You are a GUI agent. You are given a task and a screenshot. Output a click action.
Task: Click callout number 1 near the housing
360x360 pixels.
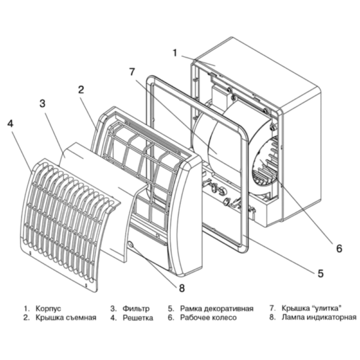tap(175, 53)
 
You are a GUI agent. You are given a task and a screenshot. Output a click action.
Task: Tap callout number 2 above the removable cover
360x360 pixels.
tap(80, 90)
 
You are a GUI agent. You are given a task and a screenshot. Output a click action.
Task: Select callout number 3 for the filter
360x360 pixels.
tap(43, 103)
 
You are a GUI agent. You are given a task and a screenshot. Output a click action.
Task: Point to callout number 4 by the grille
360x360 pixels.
tap(10, 124)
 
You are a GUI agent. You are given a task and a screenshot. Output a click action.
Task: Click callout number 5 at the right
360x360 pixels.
tap(320, 273)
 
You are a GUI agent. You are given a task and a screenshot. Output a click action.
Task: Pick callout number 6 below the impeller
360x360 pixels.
tap(338, 247)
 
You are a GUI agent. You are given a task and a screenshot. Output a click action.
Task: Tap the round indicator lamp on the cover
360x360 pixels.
tap(131, 244)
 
